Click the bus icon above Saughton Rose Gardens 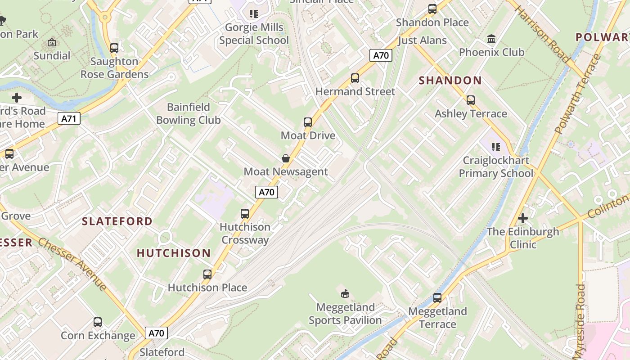(x=114, y=48)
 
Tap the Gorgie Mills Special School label (x=254, y=34)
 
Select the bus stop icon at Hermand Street (x=355, y=78)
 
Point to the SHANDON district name (x=450, y=81)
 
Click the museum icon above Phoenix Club (x=491, y=39)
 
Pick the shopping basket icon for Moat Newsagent (x=285, y=158)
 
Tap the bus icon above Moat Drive (x=308, y=122)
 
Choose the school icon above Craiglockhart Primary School (x=496, y=147)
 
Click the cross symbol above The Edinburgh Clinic (x=522, y=219)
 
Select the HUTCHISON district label (x=174, y=253)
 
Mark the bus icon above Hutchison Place (x=207, y=274)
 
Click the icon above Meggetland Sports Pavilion (x=345, y=294)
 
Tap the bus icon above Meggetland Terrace (x=437, y=297)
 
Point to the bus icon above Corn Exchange (x=98, y=322)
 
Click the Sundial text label (x=52, y=56)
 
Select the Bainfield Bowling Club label (x=189, y=113)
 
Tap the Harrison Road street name (x=542, y=34)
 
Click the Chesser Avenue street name (x=72, y=264)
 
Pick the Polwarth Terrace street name (x=578, y=94)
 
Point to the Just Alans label (x=422, y=40)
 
